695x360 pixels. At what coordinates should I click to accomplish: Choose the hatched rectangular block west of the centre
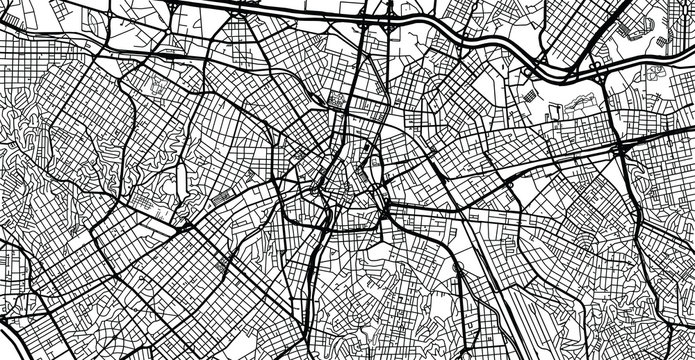pyautogui.click(x=229, y=190)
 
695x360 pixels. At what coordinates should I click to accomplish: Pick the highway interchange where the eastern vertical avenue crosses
pyautogui.click(x=623, y=150)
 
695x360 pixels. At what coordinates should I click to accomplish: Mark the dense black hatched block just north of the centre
pyautogui.click(x=336, y=100)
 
